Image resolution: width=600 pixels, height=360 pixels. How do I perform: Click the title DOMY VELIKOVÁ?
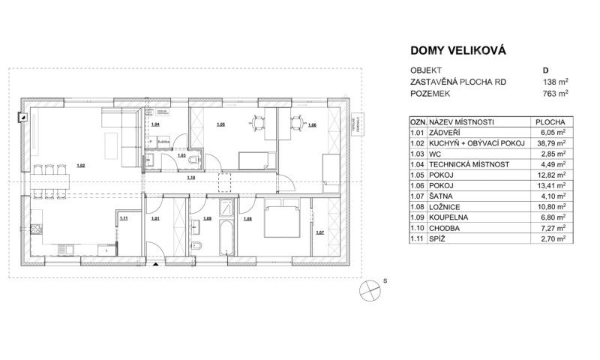tap(458, 51)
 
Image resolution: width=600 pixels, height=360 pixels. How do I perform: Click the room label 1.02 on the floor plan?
tap(81, 165)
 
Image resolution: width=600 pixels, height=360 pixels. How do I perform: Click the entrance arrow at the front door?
tap(155, 264)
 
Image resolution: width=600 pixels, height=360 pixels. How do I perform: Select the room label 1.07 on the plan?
tap(320, 232)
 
